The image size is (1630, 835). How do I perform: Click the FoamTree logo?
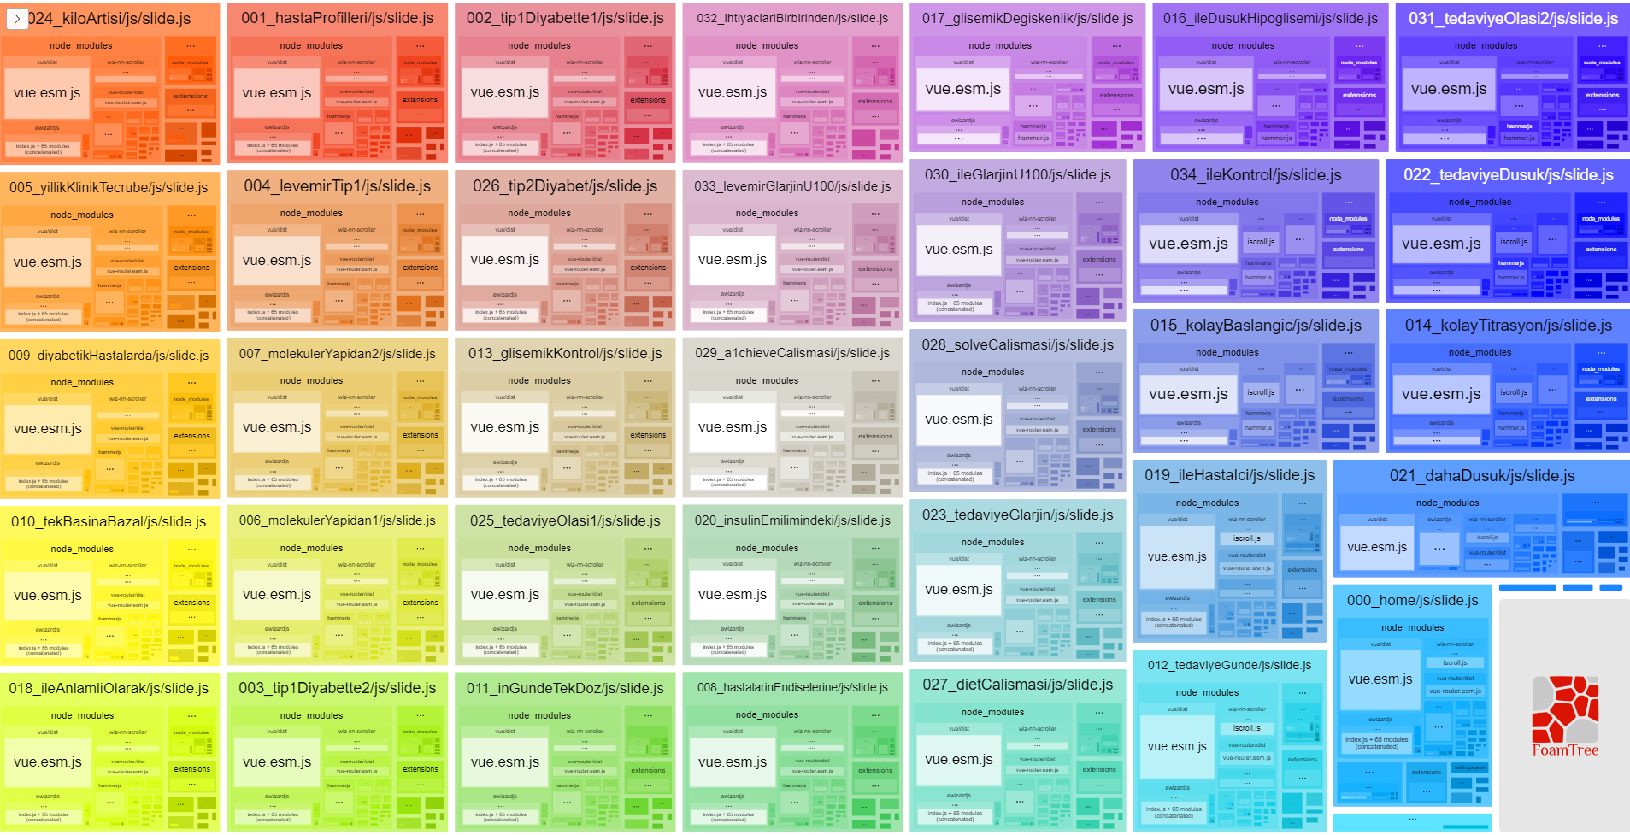[1564, 716]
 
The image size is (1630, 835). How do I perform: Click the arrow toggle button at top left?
[17, 18]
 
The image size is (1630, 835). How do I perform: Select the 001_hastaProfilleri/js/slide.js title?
[337, 18]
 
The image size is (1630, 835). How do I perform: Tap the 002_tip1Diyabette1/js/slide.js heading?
[565, 18]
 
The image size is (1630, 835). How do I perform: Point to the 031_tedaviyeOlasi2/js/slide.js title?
[1513, 18]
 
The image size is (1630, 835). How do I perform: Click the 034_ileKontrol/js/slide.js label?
[1256, 175]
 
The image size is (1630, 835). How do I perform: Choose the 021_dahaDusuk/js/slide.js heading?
[1482, 476]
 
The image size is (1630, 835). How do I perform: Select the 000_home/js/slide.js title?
[1412, 601]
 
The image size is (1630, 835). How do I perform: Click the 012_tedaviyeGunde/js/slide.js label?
[1229, 665]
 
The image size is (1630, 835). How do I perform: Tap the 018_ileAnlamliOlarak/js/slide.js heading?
[109, 688]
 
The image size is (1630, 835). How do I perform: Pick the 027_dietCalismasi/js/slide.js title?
[1017, 685]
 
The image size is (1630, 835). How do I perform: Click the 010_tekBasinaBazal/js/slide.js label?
[109, 521]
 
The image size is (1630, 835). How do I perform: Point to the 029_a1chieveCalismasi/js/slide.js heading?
[792, 353]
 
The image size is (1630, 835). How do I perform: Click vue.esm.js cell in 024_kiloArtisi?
[47, 93]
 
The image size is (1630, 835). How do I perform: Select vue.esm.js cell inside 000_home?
[1380, 679]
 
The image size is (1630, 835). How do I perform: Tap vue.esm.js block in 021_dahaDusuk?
[1376, 548]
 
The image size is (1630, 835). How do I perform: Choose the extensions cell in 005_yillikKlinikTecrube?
[191, 268]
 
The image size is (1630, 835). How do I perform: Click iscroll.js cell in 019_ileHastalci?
[1247, 538]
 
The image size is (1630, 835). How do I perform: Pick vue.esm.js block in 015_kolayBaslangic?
[1188, 394]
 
